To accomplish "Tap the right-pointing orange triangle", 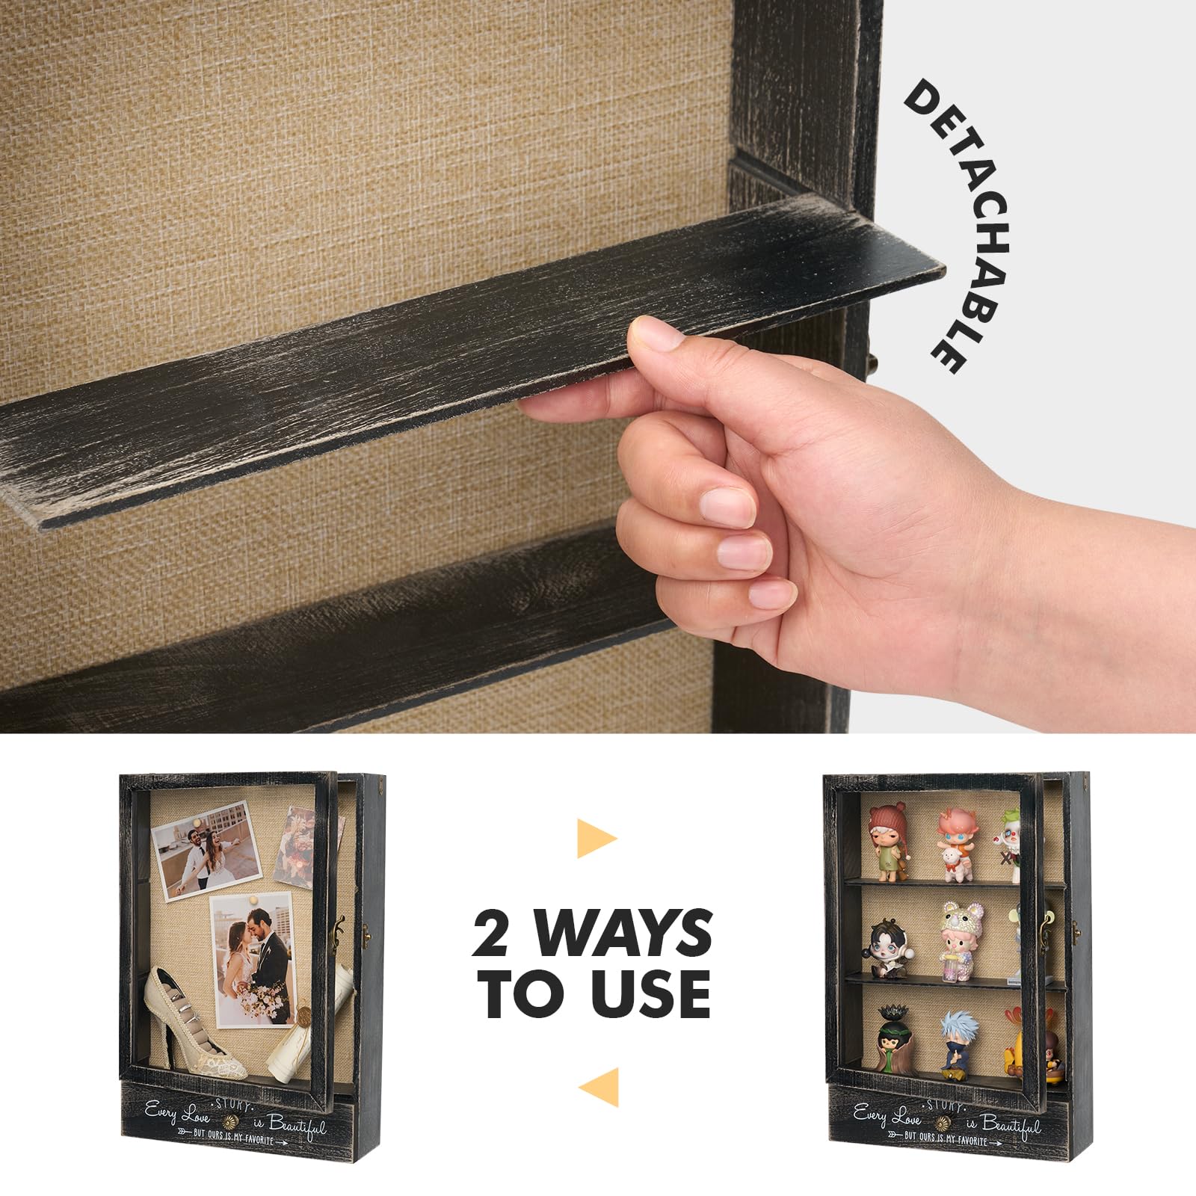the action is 597,838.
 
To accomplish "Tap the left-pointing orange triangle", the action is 599,1088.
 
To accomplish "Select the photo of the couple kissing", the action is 250,961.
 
